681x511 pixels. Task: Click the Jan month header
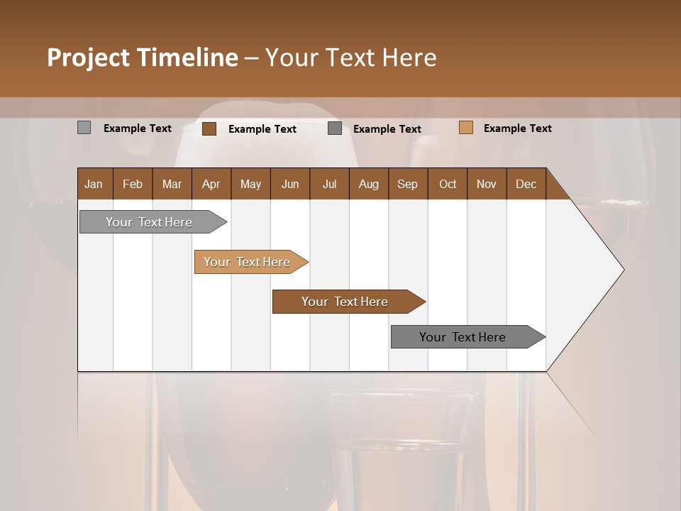pyautogui.click(x=94, y=184)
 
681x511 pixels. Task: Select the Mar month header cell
pyautogui.click(x=172, y=184)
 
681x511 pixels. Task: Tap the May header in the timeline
pyautogui.click(x=250, y=184)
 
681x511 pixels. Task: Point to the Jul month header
pyautogui.click(x=329, y=184)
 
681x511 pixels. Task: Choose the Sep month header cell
pyautogui.click(x=407, y=184)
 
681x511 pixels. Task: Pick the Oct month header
pyautogui.click(x=447, y=184)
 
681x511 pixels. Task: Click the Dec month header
pyautogui.click(x=526, y=184)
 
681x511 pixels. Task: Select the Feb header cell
pyautogui.click(x=133, y=184)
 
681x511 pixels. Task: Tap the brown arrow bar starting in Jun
pyautogui.click(x=345, y=302)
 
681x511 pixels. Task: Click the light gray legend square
pyautogui.click(x=84, y=128)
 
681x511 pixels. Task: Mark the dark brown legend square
pyautogui.click(x=209, y=128)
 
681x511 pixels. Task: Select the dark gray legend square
pyautogui.click(x=335, y=128)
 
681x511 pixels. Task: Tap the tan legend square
pyautogui.click(x=465, y=128)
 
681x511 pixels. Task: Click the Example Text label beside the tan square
pyautogui.click(x=517, y=128)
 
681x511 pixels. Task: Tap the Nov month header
pyautogui.click(x=486, y=184)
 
